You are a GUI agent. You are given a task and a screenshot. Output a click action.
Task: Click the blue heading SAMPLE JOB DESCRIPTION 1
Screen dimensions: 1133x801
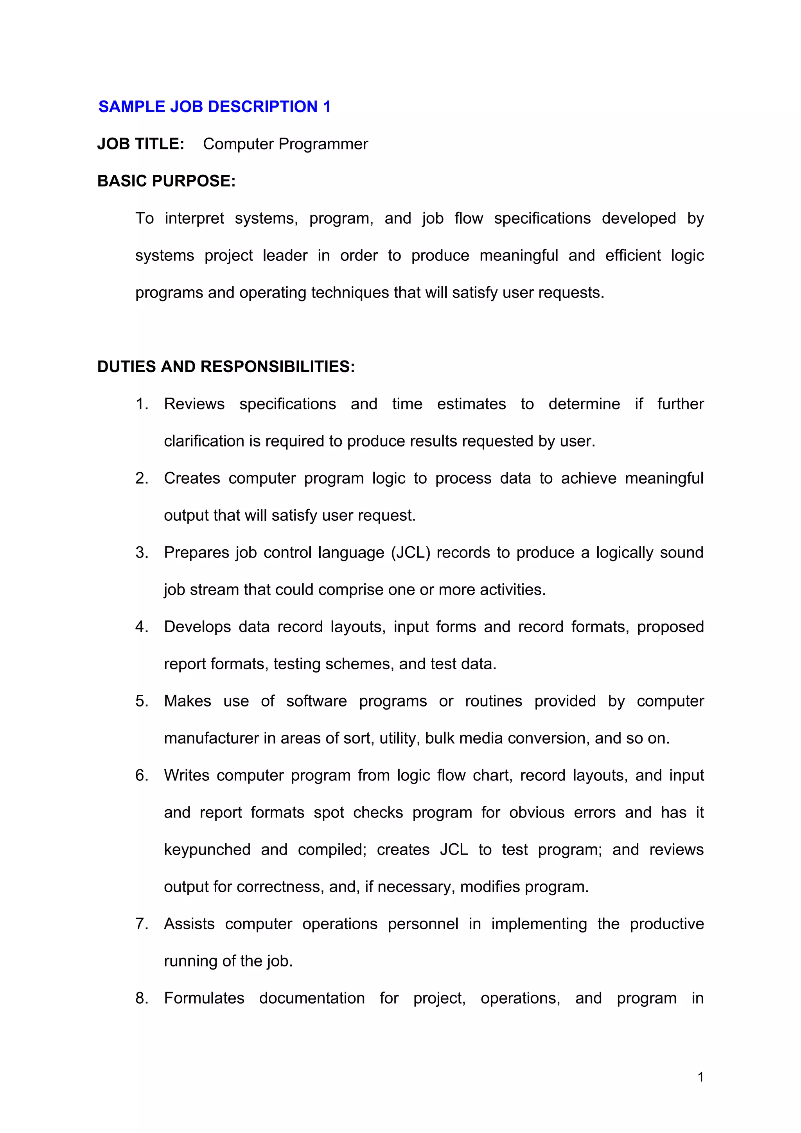[x=214, y=107]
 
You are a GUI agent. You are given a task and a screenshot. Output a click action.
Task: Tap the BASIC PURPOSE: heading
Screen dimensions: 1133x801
[x=166, y=181]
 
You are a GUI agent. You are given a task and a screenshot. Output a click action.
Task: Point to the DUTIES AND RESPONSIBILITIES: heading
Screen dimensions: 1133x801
[x=226, y=367]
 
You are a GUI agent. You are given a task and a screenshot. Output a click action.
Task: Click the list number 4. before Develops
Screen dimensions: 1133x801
[x=142, y=627]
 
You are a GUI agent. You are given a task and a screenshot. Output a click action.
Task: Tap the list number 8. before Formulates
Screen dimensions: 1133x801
[x=142, y=998]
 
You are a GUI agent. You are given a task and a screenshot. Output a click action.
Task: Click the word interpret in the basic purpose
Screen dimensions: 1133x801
[x=194, y=218]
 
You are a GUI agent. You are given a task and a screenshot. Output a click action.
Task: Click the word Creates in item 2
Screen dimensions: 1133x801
[x=192, y=478]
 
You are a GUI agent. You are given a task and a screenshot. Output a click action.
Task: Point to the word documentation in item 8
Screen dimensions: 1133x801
[x=311, y=998]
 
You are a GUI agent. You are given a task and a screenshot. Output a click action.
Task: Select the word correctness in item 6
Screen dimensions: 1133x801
[x=279, y=887]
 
